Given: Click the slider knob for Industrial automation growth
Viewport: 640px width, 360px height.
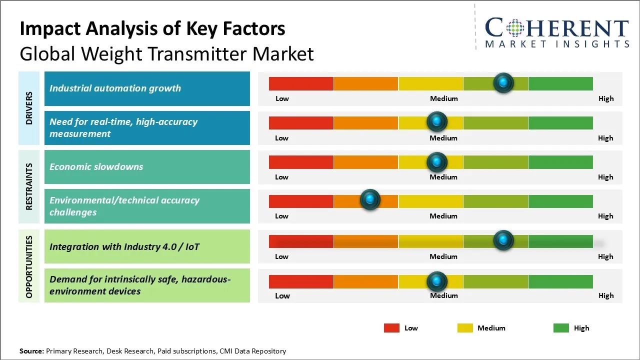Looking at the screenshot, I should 503,82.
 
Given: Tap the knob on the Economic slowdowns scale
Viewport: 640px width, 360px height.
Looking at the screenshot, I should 437,162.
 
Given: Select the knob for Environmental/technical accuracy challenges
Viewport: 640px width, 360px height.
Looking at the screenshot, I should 370,200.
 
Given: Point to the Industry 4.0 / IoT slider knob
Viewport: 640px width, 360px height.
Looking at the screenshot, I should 503,240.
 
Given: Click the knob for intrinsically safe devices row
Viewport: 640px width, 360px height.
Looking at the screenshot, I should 437,281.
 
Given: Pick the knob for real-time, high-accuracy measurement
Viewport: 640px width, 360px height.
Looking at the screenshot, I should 437,121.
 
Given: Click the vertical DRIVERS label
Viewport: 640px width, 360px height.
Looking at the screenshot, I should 29,108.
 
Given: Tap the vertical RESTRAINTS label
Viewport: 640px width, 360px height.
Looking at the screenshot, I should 29,186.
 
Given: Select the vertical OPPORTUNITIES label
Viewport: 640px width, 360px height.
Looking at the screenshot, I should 29,266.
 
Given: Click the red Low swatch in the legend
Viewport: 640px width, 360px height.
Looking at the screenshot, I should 391,328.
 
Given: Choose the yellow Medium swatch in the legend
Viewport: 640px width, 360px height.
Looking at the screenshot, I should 465,328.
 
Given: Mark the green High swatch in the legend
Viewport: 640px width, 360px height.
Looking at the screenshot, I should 561,328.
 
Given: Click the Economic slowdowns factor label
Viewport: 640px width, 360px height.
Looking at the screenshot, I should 96,166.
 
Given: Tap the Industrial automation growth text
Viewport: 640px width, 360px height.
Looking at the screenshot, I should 115,88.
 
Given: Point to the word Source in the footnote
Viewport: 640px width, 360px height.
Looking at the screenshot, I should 31,351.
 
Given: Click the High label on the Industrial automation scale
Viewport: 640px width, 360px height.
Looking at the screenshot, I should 606,98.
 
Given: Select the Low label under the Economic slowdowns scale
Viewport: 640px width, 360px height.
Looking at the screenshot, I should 281,177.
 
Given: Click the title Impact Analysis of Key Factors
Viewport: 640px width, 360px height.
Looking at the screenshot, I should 152,29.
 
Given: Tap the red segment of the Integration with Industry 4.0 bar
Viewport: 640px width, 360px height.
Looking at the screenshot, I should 301,241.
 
